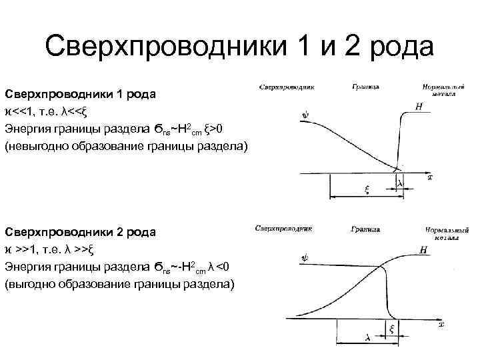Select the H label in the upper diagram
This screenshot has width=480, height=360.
[418, 105]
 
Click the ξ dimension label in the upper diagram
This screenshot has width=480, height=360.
[366, 189]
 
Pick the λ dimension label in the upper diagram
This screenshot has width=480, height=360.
[400, 182]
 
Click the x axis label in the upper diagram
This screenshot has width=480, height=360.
[430, 177]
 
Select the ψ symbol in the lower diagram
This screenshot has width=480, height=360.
[306, 255]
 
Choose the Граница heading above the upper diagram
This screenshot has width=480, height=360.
[365, 87]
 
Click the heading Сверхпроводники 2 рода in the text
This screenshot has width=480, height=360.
[80, 233]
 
